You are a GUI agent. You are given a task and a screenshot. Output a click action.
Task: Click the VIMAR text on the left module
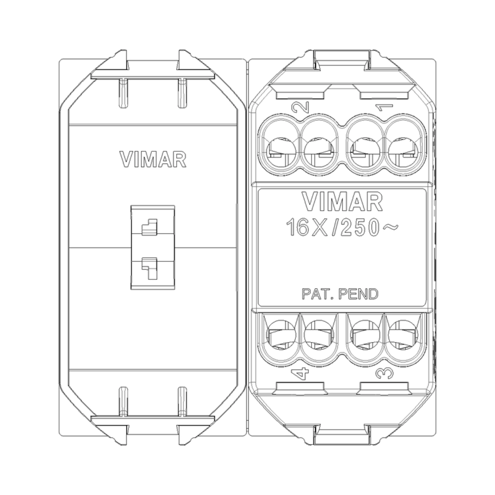click(x=153, y=159)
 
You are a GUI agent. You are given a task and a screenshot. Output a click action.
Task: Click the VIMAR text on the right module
click(x=342, y=201)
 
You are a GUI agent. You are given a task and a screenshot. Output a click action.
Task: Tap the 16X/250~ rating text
click(x=342, y=227)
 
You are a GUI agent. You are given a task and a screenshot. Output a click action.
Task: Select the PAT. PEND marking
click(x=340, y=294)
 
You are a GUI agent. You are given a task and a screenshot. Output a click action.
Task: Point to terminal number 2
click(x=300, y=107)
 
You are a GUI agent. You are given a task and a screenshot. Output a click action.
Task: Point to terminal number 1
click(x=384, y=108)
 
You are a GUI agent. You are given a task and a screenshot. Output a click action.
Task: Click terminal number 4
click(x=301, y=374)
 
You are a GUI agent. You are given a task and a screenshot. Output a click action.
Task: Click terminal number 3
click(x=385, y=373)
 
